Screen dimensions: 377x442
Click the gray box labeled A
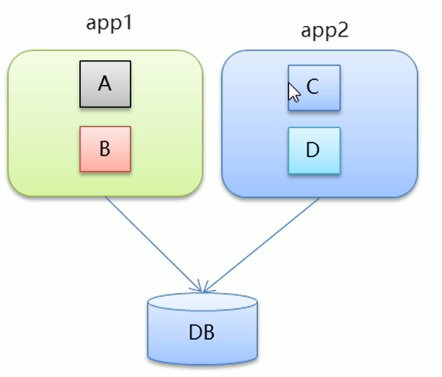[x=105, y=84]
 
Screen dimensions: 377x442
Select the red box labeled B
[x=105, y=149]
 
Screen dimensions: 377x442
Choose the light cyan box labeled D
[x=313, y=150]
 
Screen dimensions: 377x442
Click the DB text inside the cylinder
[x=202, y=333]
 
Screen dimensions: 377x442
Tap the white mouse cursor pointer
[x=293, y=92]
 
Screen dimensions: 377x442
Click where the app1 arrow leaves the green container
[x=105, y=197]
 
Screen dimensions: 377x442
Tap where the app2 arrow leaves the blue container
[x=319, y=198]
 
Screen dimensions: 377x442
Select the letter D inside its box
[x=312, y=150]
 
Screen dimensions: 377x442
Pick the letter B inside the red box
[x=105, y=149]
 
